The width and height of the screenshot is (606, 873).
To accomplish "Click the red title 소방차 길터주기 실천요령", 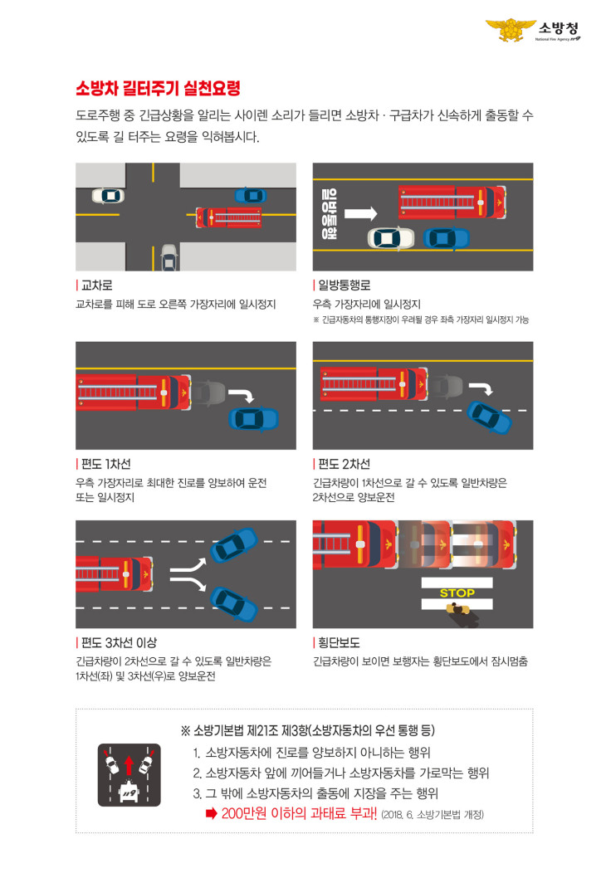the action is pyautogui.click(x=159, y=88).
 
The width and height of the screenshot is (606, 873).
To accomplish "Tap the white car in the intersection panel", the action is pyautogui.click(x=108, y=196).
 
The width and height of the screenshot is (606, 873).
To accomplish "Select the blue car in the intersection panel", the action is pyautogui.click(x=251, y=196).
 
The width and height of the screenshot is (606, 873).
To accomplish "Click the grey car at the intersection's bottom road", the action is pyautogui.click(x=169, y=257).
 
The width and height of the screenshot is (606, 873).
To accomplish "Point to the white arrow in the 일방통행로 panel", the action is pyautogui.click(x=360, y=213).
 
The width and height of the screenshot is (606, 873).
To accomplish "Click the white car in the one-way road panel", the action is pyautogui.click(x=391, y=238).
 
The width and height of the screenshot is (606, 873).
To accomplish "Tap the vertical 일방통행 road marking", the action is pyautogui.click(x=330, y=214).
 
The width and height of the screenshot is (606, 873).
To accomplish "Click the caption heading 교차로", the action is pyautogui.click(x=97, y=285).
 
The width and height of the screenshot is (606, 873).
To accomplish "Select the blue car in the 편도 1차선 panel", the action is pyautogui.click(x=254, y=419).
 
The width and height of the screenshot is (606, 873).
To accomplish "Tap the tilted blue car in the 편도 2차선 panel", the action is pyautogui.click(x=489, y=417).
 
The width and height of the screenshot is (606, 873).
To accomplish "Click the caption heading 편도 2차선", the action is pyautogui.click(x=345, y=465).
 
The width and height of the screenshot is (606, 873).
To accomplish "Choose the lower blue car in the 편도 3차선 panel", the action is pyautogui.click(x=234, y=603).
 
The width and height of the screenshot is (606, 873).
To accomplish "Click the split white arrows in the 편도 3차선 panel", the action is pyautogui.click(x=188, y=574).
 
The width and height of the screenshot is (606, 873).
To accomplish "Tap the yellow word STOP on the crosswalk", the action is pyautogui.click(x=457, y=593).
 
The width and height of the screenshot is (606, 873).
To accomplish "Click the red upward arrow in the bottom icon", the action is pyautogui.click(x=129, y=765).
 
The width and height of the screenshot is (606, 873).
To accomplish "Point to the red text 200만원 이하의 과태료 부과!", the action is pyautogui.click(x=299, y=813).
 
